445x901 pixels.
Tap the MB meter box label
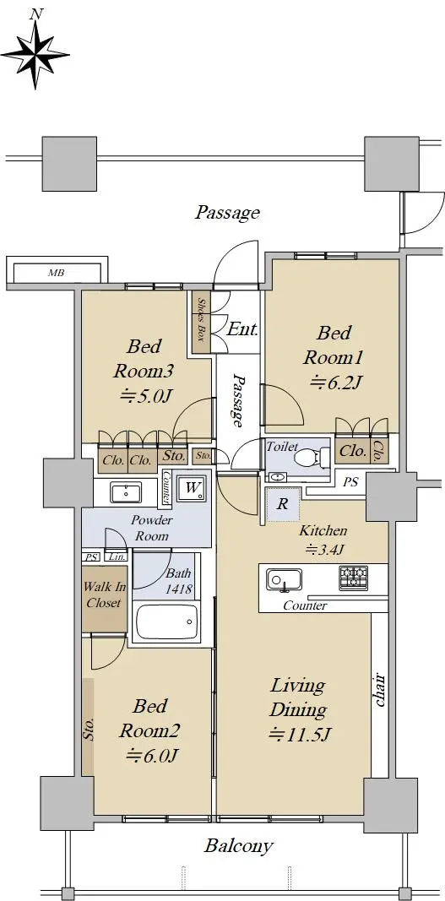tap(56, 273)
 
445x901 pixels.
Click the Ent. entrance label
tap(242, 330)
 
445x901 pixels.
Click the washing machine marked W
tap(193, 488)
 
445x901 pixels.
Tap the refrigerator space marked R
tap(282, 504)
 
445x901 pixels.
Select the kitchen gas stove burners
tap(352, 578)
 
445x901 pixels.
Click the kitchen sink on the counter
tap(284, 579)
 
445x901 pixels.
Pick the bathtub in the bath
tap(166, 621)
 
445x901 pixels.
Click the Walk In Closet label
tap(104, 594)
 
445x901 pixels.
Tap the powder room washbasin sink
tap(126, 492)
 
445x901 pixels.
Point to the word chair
tap(379, 690)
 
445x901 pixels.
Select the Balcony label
tap(239, 846)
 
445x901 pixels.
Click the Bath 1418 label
tap(179, 582)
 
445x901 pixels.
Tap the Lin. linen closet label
tap(117, 556)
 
